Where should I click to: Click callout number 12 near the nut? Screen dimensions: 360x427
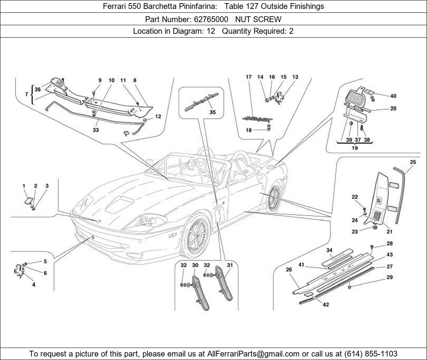coord(158,116)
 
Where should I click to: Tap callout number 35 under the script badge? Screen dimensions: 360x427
coord(212,112)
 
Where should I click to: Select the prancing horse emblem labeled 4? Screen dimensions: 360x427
coord(18,270)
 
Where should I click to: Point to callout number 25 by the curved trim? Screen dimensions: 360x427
coord(413,162)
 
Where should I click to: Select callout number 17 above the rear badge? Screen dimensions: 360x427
coord(249,77)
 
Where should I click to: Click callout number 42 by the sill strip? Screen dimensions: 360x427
coord(326,305)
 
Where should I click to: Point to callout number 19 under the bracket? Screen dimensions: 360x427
coord(354,148)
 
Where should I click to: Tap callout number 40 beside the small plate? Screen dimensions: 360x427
coord(393,96)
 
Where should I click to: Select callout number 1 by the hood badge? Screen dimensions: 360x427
coord(24,186)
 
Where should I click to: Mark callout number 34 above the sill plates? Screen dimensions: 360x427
coord(329,250)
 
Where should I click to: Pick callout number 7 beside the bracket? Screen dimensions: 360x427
coord(26,94)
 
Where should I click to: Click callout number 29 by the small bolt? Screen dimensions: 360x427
coord(389,277)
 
